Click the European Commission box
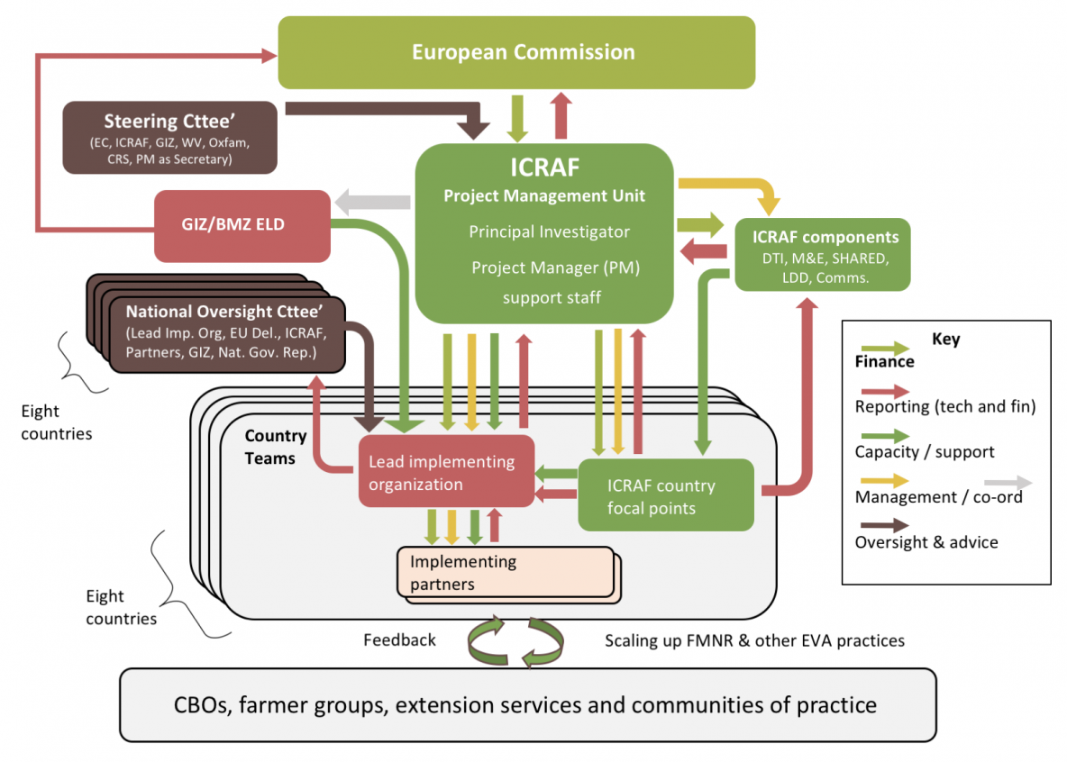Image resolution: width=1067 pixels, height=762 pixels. [x=516, y=52]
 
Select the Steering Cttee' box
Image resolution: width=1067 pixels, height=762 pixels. [x=169, y=138]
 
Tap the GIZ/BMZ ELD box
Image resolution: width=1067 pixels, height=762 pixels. [x=242, y=226]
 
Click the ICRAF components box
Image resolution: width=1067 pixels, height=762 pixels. [x=823, y=255]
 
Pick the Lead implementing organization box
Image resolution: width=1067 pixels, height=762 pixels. [x=446, y=471]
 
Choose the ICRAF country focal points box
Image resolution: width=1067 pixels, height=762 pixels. [x=666, y=495]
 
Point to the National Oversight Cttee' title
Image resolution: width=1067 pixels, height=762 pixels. [x=223, y=312]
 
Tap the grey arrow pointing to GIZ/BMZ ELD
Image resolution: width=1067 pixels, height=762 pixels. [x=373, y=202]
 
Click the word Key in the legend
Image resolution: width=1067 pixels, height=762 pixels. [x=946, y=339]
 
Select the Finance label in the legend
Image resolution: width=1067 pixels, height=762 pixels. [x=885, y=361]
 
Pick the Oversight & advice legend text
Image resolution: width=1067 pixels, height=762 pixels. [x=926, y=542]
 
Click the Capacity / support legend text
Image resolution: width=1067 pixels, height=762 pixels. [x=924, y=452]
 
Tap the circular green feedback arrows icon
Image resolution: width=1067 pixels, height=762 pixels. [x=515, y=641]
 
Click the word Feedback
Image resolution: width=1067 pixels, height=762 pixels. [x=399, y=640]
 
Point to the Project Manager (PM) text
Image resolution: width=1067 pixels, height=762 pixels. [x=555, y=268]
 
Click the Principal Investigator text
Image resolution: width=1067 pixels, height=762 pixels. [x=549, y=232]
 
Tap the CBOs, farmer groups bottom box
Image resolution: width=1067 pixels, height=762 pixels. [x=528, y=705]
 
